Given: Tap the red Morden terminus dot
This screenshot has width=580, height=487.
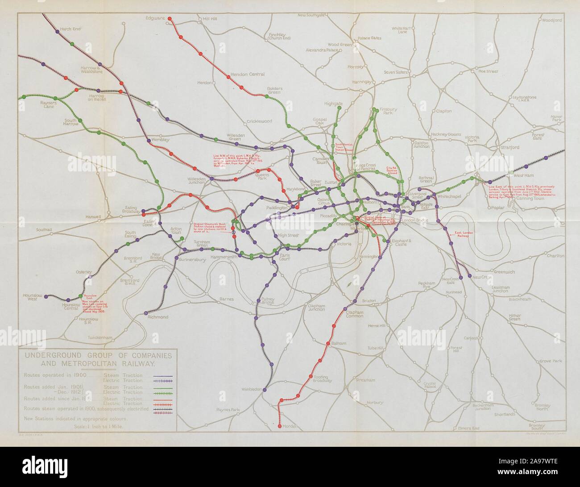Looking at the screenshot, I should coord(280,427).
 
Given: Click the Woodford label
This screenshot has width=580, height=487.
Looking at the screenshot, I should coord(551,20).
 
